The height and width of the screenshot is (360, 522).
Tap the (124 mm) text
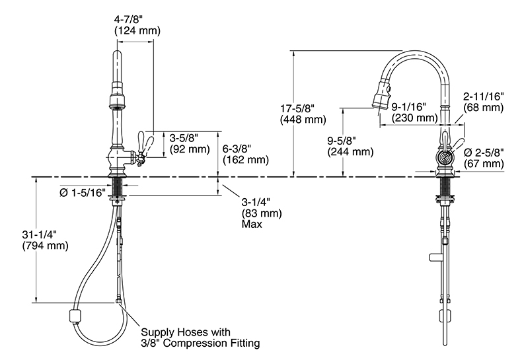137,30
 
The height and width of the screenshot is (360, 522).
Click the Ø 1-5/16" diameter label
83,192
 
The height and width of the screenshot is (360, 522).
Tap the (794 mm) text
46,246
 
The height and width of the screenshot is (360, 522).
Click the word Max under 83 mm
252,224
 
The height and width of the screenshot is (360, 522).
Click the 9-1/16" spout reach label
409,106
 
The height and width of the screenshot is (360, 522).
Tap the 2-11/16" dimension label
484,96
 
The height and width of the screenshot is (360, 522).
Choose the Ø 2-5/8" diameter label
484,152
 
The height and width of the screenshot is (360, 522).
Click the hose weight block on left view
75,316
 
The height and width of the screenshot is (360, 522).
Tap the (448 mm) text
303,120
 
